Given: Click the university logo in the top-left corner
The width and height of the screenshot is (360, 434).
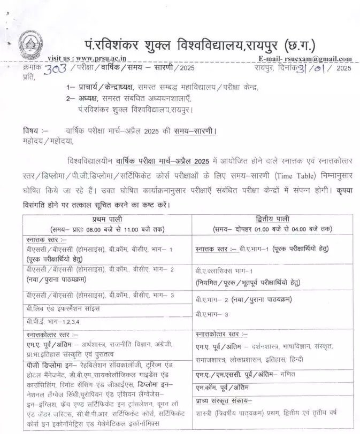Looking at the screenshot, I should coord(30,44).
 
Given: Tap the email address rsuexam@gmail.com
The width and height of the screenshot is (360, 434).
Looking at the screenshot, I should coord(318,59).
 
